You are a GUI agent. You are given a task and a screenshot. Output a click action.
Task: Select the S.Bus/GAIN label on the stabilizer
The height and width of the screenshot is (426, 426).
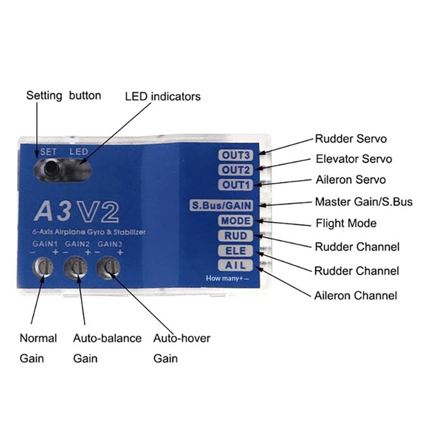pyautogui.click(x=222, y=205)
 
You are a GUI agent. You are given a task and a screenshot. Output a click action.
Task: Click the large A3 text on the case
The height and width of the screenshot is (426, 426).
pyautogui.click(x=53, y=211)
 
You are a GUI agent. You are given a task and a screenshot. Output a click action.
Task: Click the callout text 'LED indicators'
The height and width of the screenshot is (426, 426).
pyautogui.click(x=163, y=97)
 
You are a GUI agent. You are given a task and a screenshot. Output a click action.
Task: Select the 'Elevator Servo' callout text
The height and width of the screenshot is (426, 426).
pyautogui.click(x=354, y=159)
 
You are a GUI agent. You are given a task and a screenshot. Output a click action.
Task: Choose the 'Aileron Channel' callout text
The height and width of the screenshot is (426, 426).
pyautogui.click(x=356, y=295)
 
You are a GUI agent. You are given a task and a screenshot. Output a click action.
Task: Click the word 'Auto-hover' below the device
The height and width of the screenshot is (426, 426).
pyautogui.click(x=182, y=339)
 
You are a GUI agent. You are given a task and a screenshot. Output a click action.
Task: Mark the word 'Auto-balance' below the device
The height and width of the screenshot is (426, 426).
pyautogui.click(x=107, y=339)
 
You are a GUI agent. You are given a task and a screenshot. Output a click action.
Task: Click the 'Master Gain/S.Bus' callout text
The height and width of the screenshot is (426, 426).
pyautogui.click(x=364, y=202)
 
